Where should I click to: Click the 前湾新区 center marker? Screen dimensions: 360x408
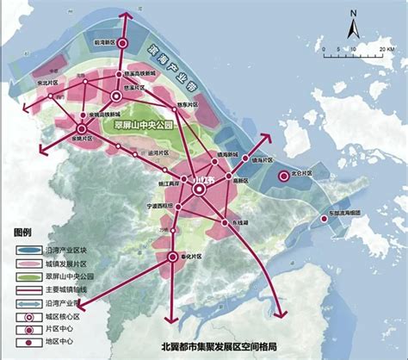click(122, 43)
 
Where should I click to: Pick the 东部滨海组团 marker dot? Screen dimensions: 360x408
click(324, 219)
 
